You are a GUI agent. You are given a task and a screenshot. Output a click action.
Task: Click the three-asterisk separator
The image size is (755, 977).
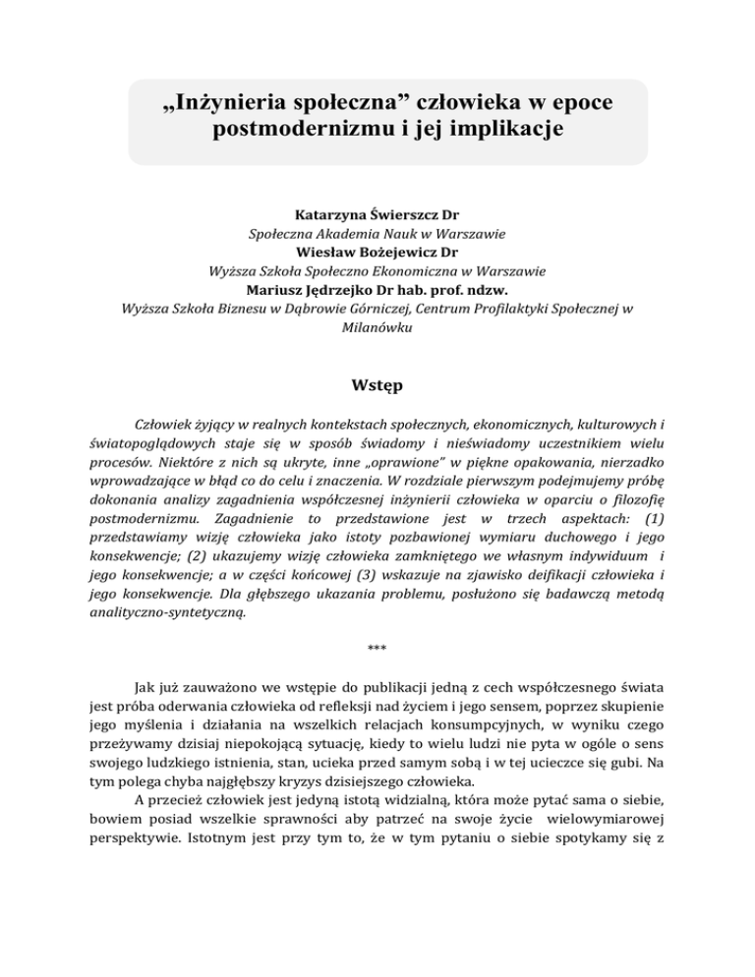coord(377,649)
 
